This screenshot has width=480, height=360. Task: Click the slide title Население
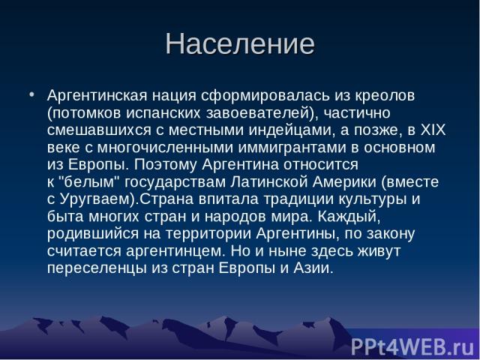240,43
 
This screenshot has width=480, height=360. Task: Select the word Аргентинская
97,96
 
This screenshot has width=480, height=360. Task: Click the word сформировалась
265,96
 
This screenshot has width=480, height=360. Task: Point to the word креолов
385,96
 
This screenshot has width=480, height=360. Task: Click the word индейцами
289,130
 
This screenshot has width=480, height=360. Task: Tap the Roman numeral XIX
433,130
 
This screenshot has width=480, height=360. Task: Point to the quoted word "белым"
88,181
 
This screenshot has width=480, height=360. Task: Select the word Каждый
347,217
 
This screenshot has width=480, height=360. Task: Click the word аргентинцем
173,251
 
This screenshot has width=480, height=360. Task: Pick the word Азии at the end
311,268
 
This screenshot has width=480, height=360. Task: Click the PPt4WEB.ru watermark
412,347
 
